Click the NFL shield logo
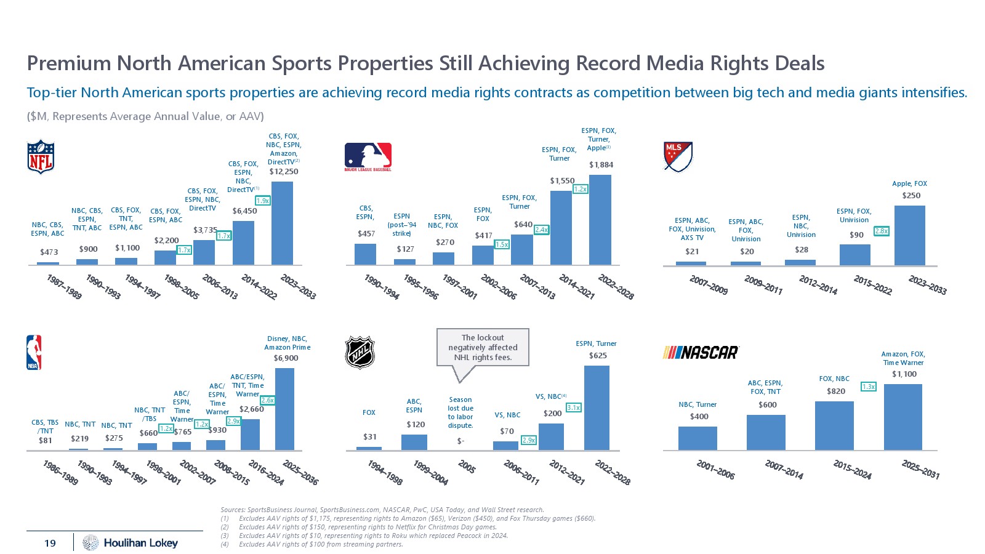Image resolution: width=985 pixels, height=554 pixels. click(41, 157)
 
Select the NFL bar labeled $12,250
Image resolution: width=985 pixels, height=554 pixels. click(282, 223)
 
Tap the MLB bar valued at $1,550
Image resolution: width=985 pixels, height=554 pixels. click(561, 228)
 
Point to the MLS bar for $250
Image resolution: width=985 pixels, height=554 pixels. click(910, 235)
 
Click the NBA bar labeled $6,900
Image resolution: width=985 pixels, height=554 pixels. click(284, 409)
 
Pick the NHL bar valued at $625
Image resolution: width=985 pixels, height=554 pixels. click(597, 407)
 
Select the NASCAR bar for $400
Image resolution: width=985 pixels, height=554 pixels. click(698, 438)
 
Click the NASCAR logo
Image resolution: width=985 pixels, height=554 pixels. click(701, 353)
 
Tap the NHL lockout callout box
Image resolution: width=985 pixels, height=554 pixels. click(483, 348)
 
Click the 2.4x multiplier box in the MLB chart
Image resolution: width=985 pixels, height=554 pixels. click(541, 230)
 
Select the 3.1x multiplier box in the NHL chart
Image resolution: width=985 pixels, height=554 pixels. click(573, 407)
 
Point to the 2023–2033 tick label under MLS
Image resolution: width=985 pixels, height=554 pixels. click(927, 285)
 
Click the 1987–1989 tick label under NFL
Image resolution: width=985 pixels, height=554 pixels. click(64, 287)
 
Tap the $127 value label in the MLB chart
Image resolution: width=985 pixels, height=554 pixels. click(405, 249)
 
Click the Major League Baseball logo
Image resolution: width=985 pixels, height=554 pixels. click(368, 157)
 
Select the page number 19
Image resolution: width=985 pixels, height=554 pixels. click(50, 543)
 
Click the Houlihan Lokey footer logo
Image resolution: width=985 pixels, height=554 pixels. click(131, 542)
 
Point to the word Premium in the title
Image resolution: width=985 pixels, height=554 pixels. click(69, 63)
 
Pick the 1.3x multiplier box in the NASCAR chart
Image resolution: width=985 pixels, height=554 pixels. click(868, 387)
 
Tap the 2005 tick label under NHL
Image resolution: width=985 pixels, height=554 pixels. click(467, 468)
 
